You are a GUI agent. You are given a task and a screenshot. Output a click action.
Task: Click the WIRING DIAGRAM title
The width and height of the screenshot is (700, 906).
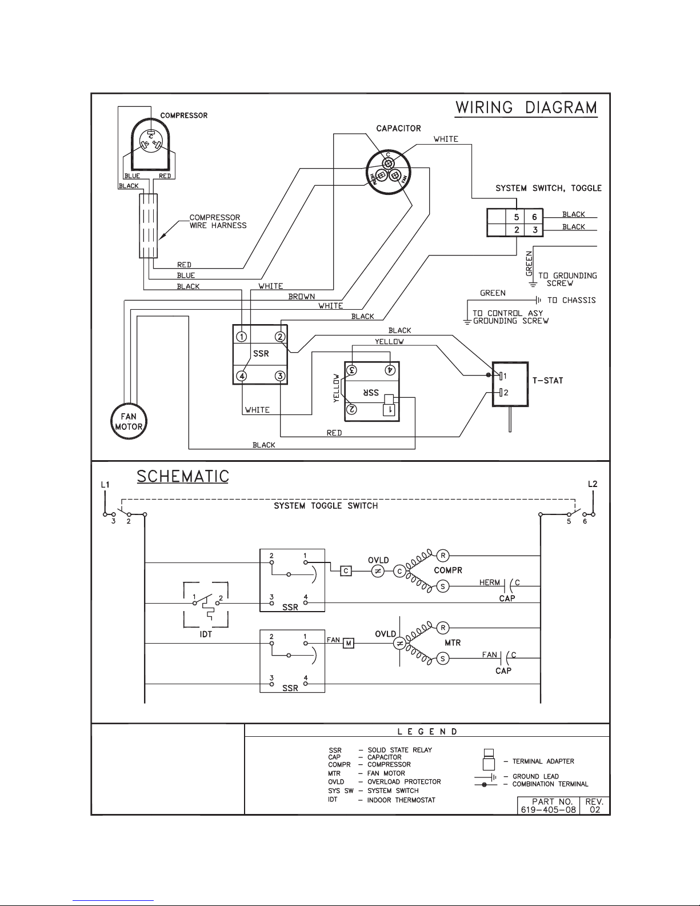tap(526, 107)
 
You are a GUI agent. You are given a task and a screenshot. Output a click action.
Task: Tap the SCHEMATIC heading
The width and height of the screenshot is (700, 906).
tap(183, 476)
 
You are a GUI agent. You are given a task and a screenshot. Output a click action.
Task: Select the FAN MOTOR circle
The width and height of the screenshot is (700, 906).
tap(129, 421)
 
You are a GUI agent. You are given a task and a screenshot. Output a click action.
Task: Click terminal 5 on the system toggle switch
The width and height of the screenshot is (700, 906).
tap(516, 217)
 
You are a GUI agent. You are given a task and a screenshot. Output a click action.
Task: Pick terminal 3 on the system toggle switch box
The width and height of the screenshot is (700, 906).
tap(535, 230)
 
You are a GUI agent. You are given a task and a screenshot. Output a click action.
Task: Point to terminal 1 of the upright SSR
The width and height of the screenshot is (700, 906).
tap(242, 337)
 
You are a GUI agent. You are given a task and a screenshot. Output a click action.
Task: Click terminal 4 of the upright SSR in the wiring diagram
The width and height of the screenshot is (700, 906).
tap(242, 376)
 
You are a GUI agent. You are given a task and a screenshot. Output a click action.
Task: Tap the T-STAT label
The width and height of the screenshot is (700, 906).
tap(547, 380)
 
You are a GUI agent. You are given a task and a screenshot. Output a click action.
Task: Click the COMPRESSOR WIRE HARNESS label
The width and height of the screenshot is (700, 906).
tap(218, 221)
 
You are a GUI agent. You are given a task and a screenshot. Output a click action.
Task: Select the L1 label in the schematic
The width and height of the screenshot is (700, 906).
tap(105, 485)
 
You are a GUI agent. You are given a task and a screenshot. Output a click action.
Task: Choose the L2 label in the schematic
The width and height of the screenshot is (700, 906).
tap(593, 484)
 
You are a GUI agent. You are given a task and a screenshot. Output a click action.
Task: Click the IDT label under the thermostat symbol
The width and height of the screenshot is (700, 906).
tap(206, 634)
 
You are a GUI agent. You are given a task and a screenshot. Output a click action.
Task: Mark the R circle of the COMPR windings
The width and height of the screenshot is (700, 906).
tap(443, 556)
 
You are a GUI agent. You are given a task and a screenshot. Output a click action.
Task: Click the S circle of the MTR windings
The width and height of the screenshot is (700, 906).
tap(442, 658)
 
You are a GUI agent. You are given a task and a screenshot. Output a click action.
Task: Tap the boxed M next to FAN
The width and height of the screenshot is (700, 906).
tap(349, 644)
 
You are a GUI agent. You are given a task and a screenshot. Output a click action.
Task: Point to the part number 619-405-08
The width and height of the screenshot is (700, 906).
tap(549, 810)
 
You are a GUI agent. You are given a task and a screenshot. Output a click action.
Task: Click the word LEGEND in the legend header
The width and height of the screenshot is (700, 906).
tap(427, 732)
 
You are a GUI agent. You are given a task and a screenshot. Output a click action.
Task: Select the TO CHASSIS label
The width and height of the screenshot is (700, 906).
tap(571, 300)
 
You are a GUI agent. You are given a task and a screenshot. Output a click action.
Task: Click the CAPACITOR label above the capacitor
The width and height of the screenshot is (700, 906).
tap(398, 129)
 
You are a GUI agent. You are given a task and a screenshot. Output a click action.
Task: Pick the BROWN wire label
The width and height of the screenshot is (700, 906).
tap(302, 297)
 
